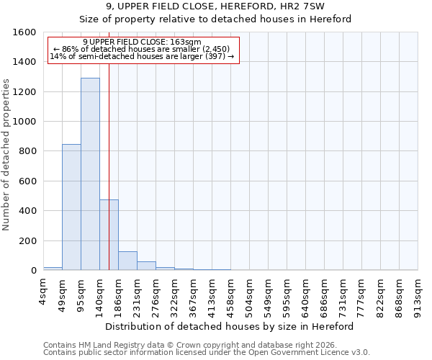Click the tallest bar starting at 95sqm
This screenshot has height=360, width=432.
[x=90, y=174]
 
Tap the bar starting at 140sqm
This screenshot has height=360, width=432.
[x=109, y=235]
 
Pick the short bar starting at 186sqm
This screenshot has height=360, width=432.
[x=127, y=261]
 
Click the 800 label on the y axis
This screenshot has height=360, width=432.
[x=28, y=152]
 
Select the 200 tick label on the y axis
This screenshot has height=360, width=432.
[x=28, y=241]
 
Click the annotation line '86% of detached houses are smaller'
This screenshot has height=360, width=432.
[x=142, y=49]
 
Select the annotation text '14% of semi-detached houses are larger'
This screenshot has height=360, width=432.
[x=142, y=56]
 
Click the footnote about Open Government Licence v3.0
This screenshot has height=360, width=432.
[x=207, y=352]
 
